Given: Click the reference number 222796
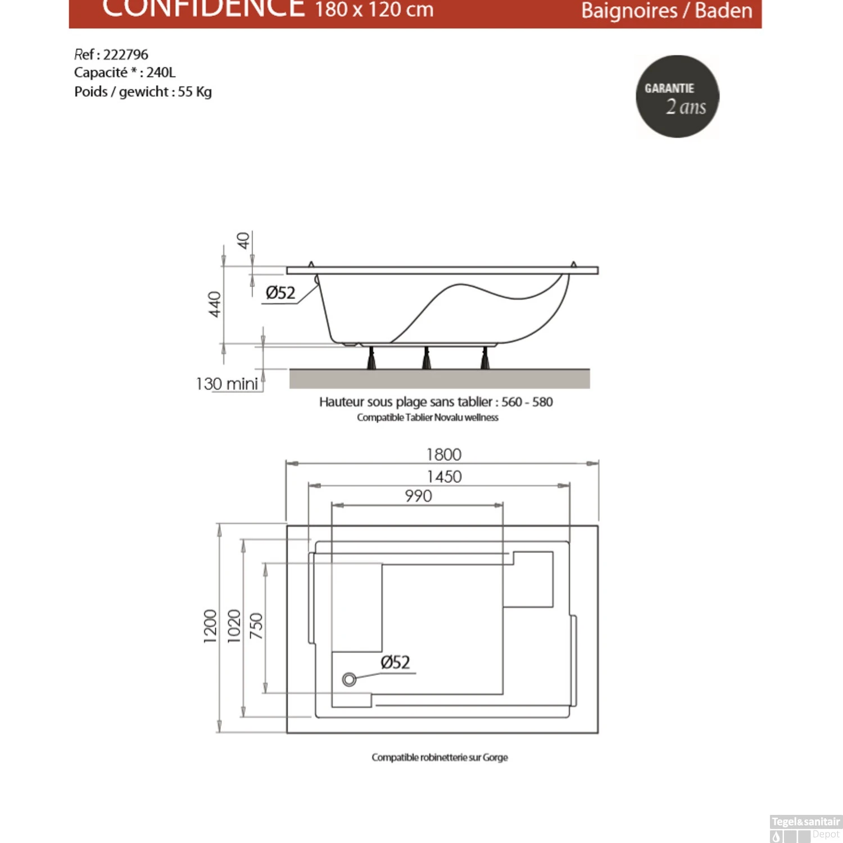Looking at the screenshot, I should click(x=125, y=55).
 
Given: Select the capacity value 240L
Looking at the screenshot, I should click(x=161, y=72).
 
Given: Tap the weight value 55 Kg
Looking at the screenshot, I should click(x=194, y=92).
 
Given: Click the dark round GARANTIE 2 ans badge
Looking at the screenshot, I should click(x=677, y=96).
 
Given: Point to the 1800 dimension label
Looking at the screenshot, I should click(x=443, y=454).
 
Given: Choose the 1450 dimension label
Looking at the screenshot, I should click(x=444, y=477).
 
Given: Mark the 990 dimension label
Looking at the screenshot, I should click(x=418, y=496).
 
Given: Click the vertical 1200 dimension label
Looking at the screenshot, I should click(x=210, y=626).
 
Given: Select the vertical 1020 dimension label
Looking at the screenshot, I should click(x=234, y=626).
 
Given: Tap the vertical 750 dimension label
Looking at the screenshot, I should click(x=256, y=626).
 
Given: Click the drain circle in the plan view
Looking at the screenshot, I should click(x=349, y=679).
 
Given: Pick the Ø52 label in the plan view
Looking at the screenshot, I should click(x=395, y=662).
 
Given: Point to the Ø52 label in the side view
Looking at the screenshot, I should click(x=280, y=293).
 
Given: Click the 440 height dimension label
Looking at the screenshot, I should click(x=215, y=304).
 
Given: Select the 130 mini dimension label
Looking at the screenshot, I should click(x=227, y=384).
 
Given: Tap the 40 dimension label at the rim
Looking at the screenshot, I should click(x=243, y=241).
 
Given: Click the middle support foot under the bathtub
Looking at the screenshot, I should click(x=426, y=358).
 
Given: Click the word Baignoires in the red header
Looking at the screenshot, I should click(x=629, y=11).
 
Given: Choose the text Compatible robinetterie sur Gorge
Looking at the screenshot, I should click(x=439, y=758).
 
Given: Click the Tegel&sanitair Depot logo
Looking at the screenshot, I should click(x=805, y=828).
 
